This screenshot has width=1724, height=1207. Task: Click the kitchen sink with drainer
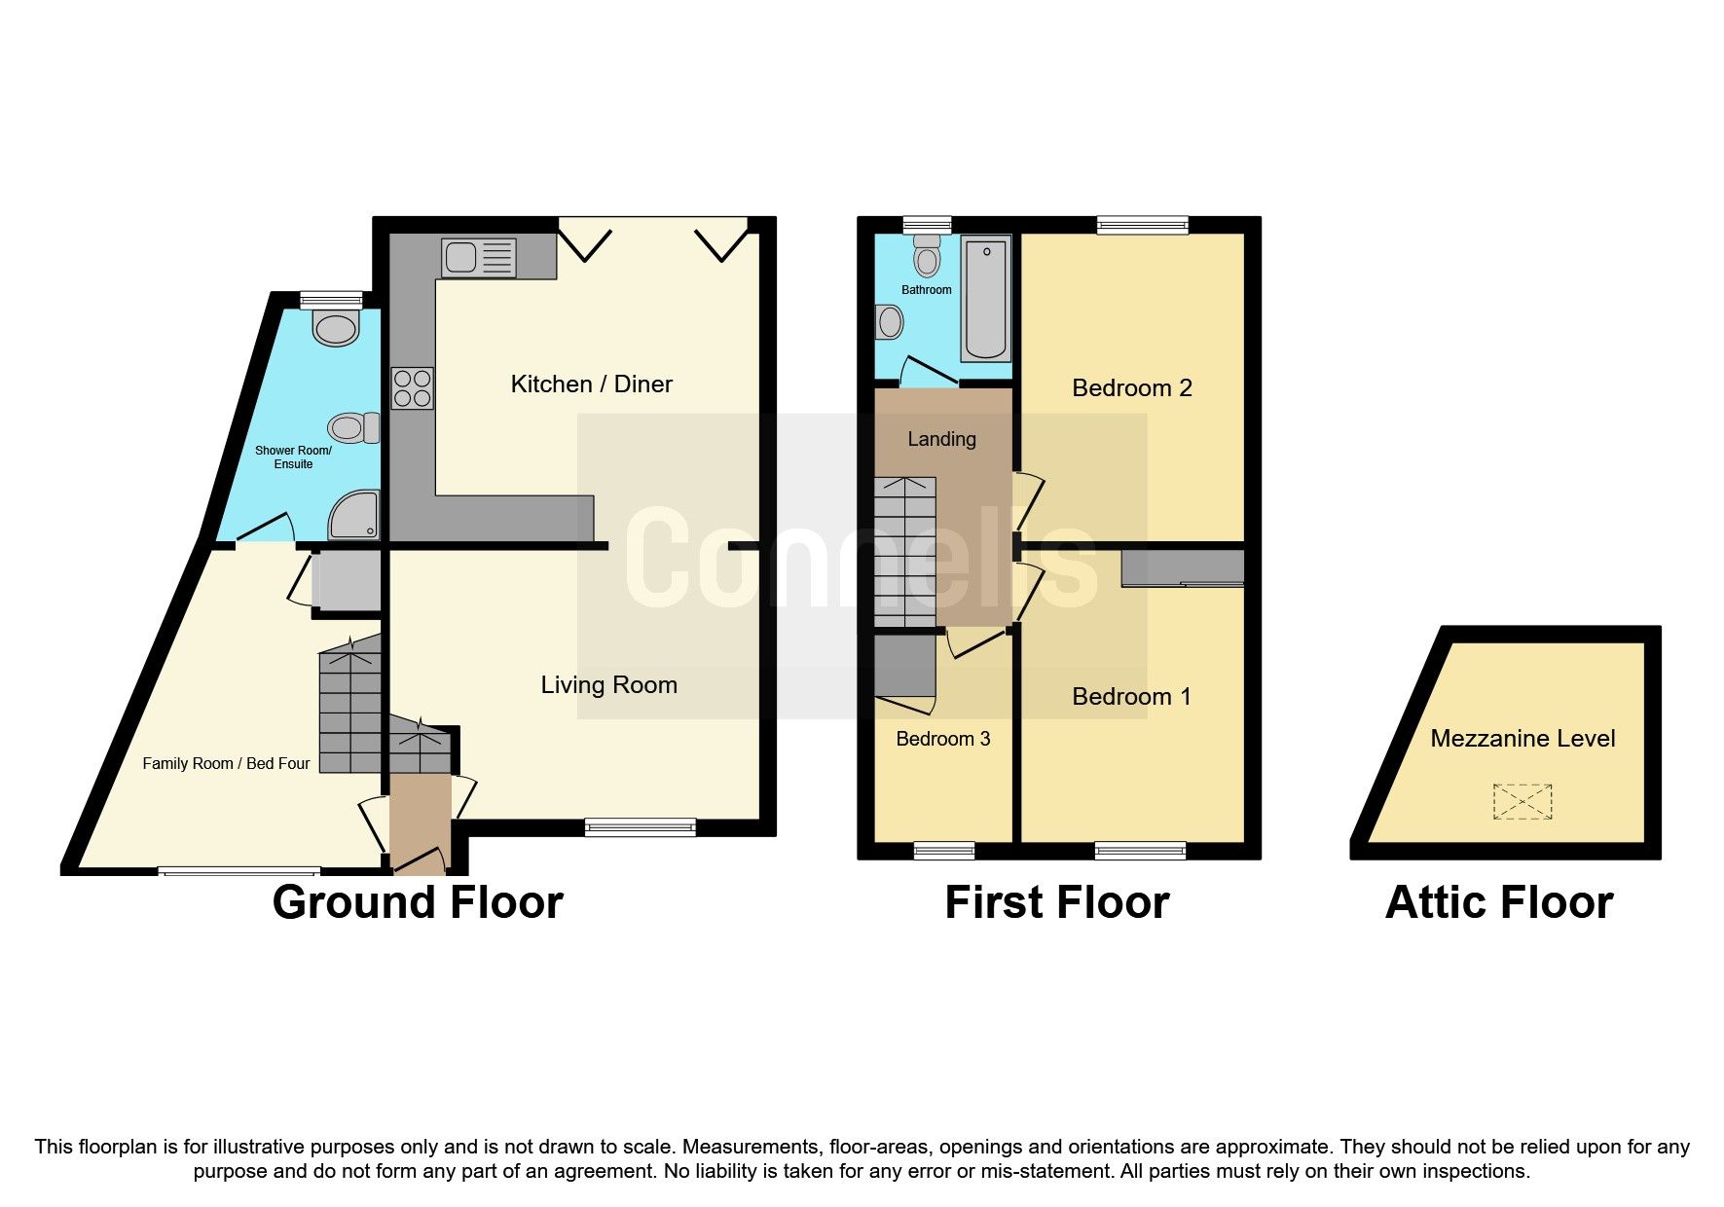[479, 258]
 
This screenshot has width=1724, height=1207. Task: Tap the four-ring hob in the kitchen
[413, 388]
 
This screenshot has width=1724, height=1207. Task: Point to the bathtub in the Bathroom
[986, 299]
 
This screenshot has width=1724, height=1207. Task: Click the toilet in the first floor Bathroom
[928, 257]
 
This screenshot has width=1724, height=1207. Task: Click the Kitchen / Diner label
[591, 384]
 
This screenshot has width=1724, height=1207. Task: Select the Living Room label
[608, 684]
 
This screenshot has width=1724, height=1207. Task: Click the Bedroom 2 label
[1131, 387]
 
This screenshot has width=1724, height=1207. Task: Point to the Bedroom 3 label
[942, 738]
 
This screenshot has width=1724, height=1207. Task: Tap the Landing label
[941, 439]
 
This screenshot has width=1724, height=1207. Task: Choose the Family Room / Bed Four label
[226, 763]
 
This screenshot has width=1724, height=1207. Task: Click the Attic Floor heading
[1498, 902]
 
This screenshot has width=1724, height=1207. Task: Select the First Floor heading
[1056, 902]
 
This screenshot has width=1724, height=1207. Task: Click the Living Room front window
[640, 827]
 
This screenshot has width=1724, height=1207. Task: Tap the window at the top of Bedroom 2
[1142, 226]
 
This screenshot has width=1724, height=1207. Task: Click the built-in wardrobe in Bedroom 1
[1183, 567]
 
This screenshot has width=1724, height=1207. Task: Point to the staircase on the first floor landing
[904, 552]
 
